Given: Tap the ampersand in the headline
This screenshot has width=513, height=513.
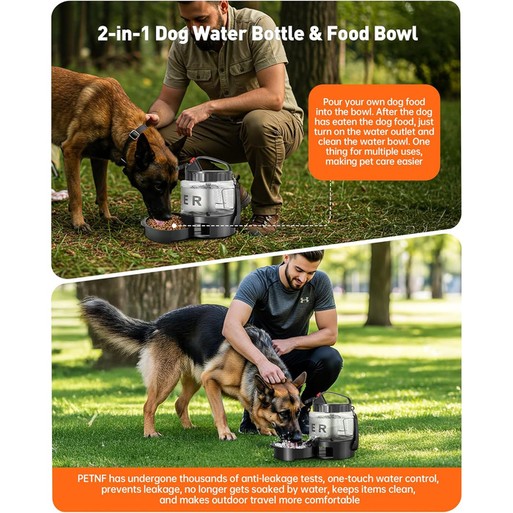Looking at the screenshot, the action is tap(315, 34).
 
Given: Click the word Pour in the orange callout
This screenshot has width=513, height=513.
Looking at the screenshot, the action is tap(333, 102).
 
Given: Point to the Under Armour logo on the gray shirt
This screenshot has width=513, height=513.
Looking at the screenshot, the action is tap(304, 300).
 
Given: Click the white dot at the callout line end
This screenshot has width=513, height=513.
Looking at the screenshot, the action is tap(174, 226).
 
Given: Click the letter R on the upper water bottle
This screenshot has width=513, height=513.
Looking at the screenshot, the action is tap(197, 201).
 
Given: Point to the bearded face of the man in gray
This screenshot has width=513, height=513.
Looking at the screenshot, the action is tap(295, 274).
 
